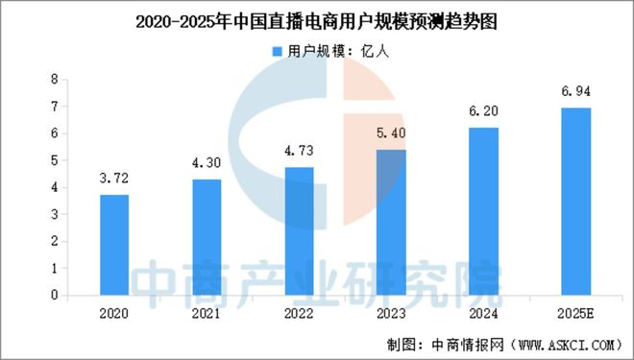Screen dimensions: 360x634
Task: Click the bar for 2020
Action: tap(113, 245)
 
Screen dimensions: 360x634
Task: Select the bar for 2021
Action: tap(207, 237)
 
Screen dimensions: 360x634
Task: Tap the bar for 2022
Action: tap(299, 231)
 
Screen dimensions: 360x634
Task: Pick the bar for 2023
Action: tap(391, 223)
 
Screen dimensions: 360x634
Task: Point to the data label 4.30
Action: tap(207, 162)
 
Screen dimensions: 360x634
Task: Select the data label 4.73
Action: tap(299, 151)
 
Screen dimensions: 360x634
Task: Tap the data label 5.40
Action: tap(391, 132)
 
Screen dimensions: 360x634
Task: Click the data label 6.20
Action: tap(484, 111)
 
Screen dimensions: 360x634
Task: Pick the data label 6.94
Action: tap(576, 91)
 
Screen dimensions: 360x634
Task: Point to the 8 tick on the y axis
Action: tap(54, 79)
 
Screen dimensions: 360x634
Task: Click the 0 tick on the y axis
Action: tap(54, 296)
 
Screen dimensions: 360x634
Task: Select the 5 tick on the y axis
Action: tap(54, 160)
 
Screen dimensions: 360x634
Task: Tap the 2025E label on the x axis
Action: tap(576, 313)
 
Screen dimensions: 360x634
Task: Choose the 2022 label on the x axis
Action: tap(299, 313)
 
